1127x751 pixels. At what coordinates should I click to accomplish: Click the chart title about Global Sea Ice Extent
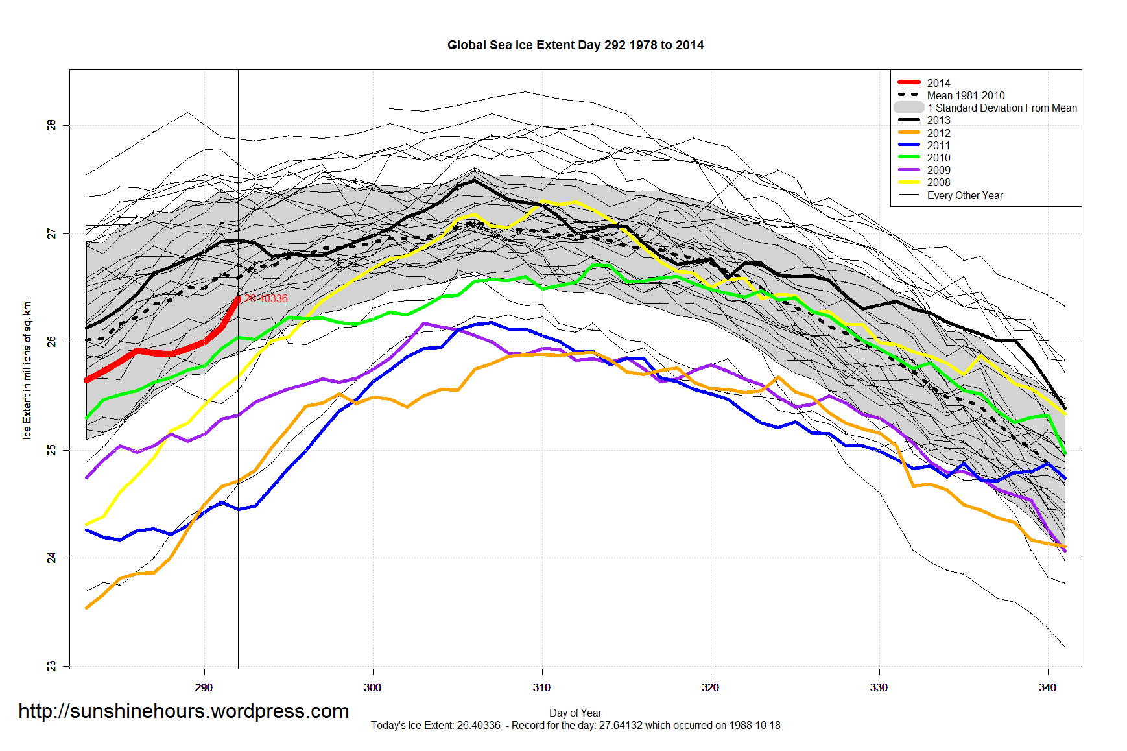coord(575,45)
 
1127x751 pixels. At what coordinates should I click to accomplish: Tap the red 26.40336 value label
coord(266,298)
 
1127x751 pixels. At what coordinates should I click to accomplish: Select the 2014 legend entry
coord(938,83)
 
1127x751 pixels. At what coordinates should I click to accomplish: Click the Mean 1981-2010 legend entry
coord(965,95)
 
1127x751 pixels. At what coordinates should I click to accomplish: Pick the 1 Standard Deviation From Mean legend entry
coord(1001,108)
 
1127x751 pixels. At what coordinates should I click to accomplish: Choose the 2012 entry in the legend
coord(938,133)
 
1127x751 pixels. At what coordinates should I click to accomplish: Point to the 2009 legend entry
coord(938,170)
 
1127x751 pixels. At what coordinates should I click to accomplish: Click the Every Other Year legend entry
coord(964,195)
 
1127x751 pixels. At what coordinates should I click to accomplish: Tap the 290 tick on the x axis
coord(204,687)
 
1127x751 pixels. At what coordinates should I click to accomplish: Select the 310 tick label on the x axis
coord(541,687)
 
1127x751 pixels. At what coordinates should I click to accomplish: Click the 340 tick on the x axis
coord(1047,687)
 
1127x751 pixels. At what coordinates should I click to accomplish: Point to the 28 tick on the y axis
coord(52,125)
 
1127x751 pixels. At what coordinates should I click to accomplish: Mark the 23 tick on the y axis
coord(52,666)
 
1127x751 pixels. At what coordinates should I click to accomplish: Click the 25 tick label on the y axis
coord(52,449)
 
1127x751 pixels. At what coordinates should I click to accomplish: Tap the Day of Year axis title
coord(575,713)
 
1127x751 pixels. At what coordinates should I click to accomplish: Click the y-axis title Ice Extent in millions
coord(27,370)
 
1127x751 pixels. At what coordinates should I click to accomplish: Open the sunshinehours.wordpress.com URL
coord(184,711)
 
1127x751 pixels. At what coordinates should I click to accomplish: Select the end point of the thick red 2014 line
coord(238,299)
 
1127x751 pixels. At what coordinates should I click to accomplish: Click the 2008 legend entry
coord(938,182)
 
